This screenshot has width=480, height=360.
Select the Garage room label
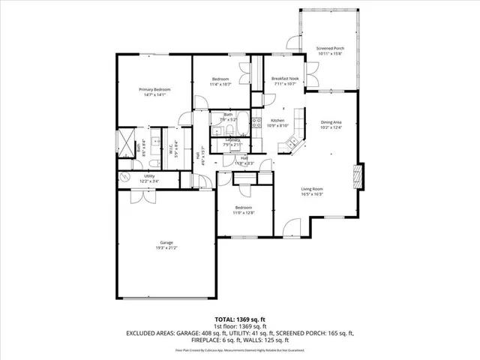(166, 242)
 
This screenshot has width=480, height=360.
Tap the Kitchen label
(277, 121)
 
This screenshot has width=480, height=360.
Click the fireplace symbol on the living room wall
(358, 178)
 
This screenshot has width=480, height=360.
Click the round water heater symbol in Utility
(124, 178)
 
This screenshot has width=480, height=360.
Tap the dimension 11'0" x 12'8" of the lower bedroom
(244, 212)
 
